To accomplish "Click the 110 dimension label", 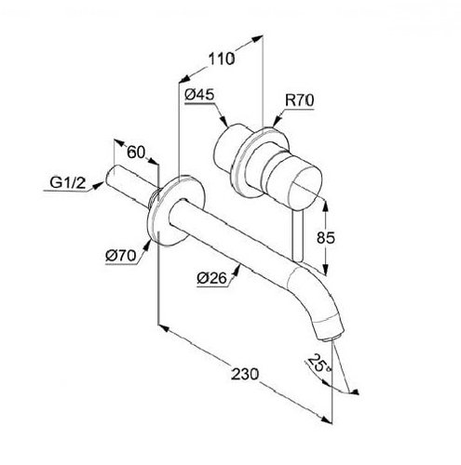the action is pyautogui.click(x=222, y=59).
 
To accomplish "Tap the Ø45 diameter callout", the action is pyautogui.click(x=199, y=94).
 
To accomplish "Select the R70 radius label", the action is pyautogui.click(x=300, y=100).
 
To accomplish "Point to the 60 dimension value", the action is pyautogui.click(x=136, y=153).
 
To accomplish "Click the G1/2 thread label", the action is pyautogui.click(x=67, y=182).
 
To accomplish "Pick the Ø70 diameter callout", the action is pyautogui.click(x=121, y=256).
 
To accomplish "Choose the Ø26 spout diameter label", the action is pyautogui.click(x=211, y=278).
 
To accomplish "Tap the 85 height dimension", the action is pyautogui.click(x=326, y=238).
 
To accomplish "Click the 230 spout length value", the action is pyautogui.click(x=245, y=374).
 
